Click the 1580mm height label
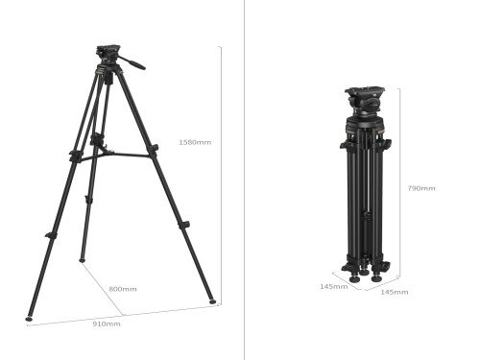tap(195, 143)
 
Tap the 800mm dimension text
tap(122, 289)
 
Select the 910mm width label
tap(106, 324)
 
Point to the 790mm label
tap(421, 188)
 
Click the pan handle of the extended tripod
tap(133, 64)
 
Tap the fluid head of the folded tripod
tap(364, 98)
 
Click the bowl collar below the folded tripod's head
tap(365, 119)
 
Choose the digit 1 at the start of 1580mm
tap(181, 143)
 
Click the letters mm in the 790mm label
tap(428, 188)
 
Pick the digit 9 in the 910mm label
tap(95, 324)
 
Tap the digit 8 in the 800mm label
tap(111, 289)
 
